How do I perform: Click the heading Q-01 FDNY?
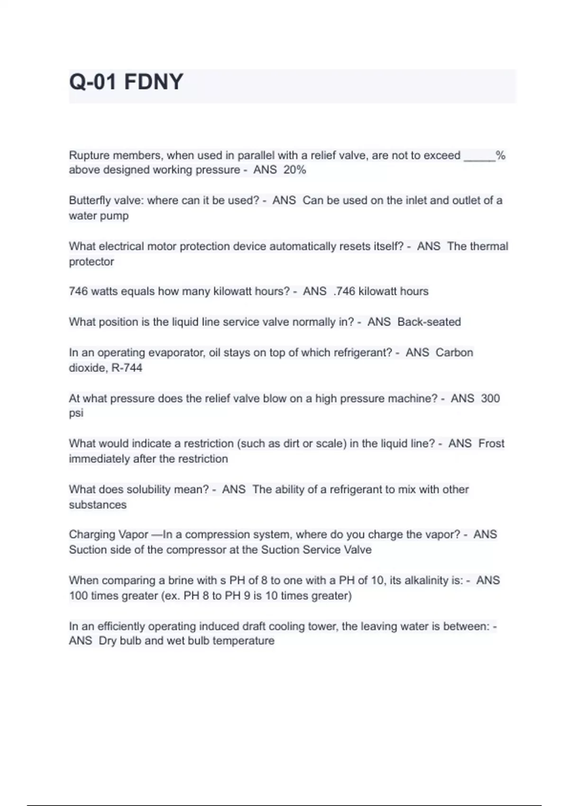tap(126, 82)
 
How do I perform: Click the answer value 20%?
tap(294, 170)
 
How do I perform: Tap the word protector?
tap(92, 262)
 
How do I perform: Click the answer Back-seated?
tap(429, 322)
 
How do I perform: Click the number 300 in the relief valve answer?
tap(490, 398)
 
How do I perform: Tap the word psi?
tap(76, 413)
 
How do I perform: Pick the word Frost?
tap(491, 443)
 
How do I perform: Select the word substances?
tap(98, 504)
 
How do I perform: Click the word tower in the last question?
tap(323, 626)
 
